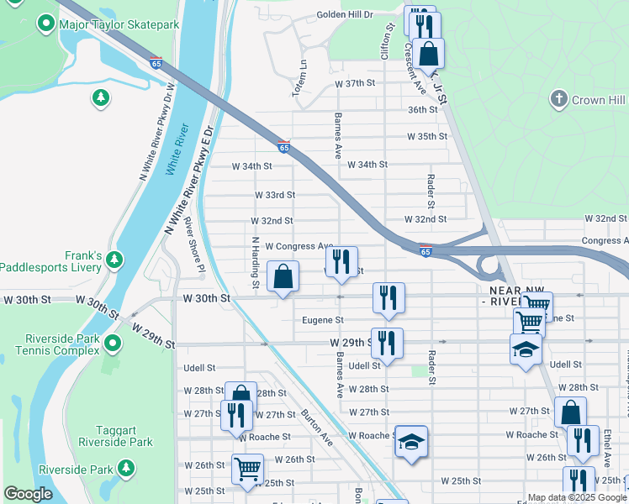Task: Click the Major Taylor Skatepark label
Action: [x=119, y=24]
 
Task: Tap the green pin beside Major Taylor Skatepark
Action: [x=45, y=24]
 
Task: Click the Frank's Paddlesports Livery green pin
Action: [x=114, y=261]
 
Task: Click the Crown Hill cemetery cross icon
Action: [x=557, y=100]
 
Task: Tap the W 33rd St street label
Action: [x=275, y=195]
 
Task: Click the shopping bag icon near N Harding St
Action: [x=283, y=275]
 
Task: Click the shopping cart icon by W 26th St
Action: [x=247, y=468]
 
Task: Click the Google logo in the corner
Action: [x=28, y=495]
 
